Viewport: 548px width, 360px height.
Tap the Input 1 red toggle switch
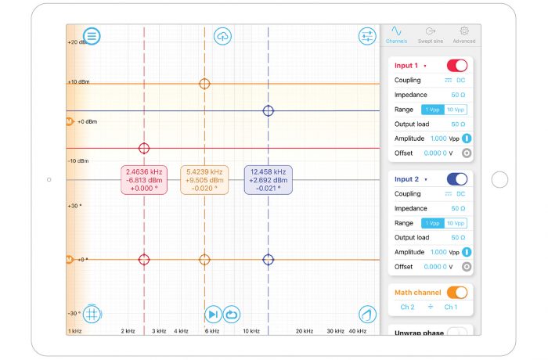coord(456,66)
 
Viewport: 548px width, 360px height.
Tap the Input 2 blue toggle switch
coord(456,179)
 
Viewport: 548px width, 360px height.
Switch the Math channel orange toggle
coord(456,293)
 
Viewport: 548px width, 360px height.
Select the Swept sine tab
coord(430,34)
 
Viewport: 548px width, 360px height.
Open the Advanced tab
coord(463,34)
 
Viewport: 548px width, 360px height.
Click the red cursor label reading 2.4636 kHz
coord(144,180)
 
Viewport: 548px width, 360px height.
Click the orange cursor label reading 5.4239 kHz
coord(204,180)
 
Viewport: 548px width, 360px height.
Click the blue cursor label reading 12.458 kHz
coord(268,180)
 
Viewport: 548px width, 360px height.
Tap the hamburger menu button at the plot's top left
coord(92,35)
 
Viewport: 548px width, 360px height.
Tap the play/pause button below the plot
coord(213,314)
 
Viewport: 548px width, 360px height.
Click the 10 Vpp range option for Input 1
coord(456,110)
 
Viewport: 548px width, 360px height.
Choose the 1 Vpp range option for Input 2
coord(433,223)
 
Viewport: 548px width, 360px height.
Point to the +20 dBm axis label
coord(78,42)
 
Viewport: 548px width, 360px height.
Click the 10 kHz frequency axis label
coord(251,331)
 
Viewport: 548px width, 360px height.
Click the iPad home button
coord(499,180)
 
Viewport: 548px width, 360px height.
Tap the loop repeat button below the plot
coord(232,314)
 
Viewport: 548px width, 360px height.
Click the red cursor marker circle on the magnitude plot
coord(144,148)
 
